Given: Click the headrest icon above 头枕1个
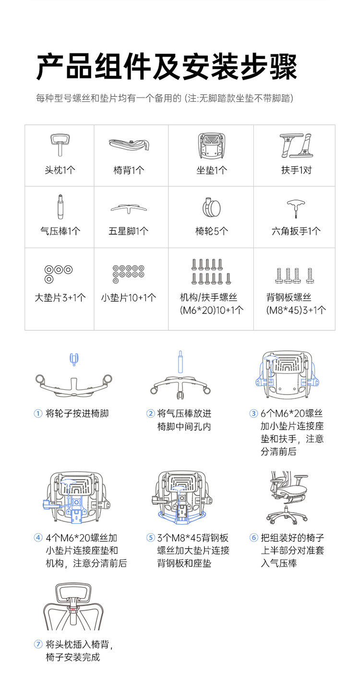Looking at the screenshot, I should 60,144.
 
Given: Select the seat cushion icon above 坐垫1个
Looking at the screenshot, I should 211,146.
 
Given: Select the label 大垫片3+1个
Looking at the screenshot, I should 60,298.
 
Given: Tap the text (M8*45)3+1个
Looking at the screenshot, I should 296,310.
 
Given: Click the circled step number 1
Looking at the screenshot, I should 38,413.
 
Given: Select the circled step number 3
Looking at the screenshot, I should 253,413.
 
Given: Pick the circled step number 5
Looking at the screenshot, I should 150,538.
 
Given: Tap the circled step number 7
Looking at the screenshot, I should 38,644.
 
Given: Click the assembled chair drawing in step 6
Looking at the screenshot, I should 287,497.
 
